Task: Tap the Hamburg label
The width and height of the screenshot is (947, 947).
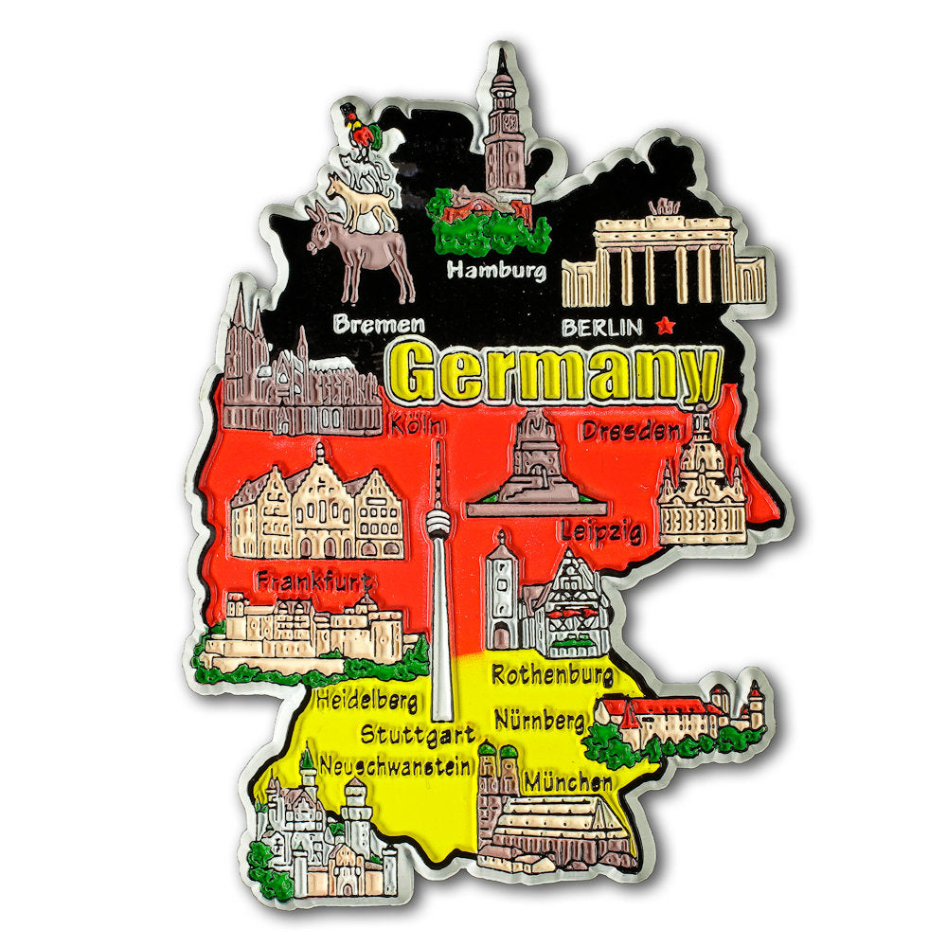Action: coord(496,270)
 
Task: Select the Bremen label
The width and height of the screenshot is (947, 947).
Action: coord(379,325)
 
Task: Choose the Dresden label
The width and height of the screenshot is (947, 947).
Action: coord(631,432)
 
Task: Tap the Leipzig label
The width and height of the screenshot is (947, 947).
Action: coord(601,530)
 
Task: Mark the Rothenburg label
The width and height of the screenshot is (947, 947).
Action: coord(552,676)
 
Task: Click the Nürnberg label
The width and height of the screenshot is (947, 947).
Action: coord(539,721)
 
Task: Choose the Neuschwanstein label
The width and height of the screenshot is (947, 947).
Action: coord(395,764)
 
